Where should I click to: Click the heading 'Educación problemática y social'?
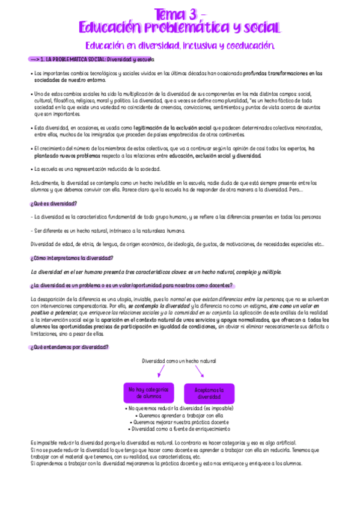coord(180,28)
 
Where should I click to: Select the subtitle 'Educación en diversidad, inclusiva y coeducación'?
coord(180,46)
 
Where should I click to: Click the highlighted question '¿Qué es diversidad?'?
coord(53,203)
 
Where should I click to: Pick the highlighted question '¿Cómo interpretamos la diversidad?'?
coord(72,258)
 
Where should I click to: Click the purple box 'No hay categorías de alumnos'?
coord(148,393)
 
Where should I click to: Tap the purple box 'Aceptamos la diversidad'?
coord(209,393)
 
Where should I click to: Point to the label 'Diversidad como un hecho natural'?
coord(178,360)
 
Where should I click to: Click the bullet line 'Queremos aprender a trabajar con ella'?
coord(180,416)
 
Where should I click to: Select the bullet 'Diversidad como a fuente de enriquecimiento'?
coord(180,429)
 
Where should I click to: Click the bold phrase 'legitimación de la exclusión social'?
coord(172,128)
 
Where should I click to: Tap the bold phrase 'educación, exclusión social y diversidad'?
coord(215,156)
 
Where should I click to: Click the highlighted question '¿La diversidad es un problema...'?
coord(132,285)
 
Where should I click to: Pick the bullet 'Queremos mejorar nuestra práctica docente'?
coord(180,422)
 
